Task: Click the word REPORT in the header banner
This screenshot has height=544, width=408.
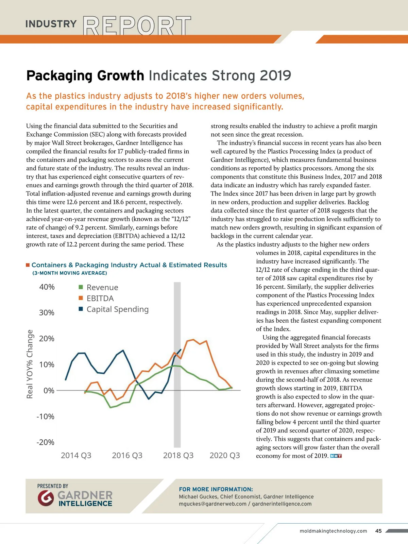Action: pos(137,26)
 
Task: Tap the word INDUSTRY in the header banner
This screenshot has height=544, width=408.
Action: pos(51,24)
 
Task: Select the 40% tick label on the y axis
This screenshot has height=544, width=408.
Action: pos(47,287)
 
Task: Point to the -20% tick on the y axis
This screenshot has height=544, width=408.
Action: pos(46,442)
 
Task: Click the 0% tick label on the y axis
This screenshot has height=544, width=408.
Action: pos(49,391)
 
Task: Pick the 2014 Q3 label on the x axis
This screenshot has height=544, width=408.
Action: pos(76,456)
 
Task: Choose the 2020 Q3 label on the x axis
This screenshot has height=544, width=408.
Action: pos(225,456)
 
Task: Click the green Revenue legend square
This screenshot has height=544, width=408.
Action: pos(81,287)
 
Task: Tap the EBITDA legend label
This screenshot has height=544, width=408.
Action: pos(100,299)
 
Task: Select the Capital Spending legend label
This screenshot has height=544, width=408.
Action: pos(117,309)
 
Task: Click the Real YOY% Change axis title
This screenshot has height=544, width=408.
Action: pos(30,364)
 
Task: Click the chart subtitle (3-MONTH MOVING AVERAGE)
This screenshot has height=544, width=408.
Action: pos(70,273)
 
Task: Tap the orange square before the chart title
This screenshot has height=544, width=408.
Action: pos(28,265)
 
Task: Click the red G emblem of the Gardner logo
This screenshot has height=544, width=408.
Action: pos(46,498)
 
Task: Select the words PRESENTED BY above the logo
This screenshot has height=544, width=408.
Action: pos(53,486)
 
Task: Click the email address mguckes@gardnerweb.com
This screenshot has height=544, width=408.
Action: pos(213,504)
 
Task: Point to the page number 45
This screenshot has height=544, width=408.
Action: pos(378,531)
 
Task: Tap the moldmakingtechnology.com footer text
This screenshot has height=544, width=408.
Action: pos(333,531)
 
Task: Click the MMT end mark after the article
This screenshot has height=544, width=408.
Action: pos(336,456)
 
